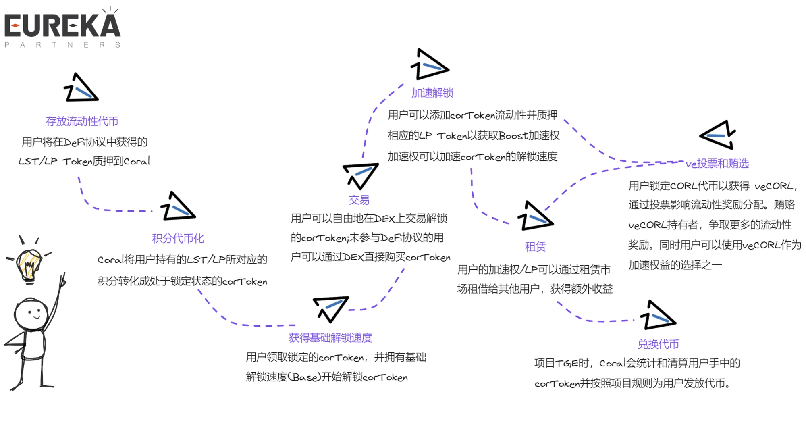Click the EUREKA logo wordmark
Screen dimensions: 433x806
[x=62, y=25]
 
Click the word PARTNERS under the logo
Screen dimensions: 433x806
[x=62, y=45]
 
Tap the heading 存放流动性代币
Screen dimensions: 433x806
[x=82, y=121]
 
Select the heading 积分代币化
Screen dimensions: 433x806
[x=178, y=238]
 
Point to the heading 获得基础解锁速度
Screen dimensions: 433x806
[x=330, y=337]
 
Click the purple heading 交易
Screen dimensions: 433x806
[x=359, y=200]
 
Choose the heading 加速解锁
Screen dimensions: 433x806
[x=432, y=93]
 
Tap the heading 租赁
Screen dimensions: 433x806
[x=535, y=246]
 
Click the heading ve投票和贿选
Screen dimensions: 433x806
[x=717, y=163]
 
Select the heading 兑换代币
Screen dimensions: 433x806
[x=658, y=344]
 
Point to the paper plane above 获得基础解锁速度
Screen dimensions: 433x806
[x=330, y=308]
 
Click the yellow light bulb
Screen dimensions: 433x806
[x=29, y=264]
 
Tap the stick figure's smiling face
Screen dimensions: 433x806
[x=31, y=314]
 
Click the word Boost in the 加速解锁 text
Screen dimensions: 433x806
[x=513, y=136]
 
